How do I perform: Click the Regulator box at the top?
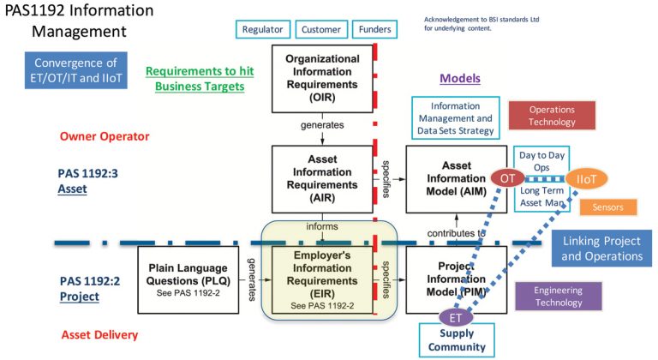coord(263,29)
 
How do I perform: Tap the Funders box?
coord(374,29)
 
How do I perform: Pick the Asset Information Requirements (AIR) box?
coord(321,177)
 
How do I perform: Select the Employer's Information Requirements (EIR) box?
coord(321,275)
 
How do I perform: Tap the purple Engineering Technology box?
coord(558,297)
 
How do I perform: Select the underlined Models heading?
coord(460,78)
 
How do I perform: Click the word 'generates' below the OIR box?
coord(321,124)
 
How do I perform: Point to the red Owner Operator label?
coord(105,136)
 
